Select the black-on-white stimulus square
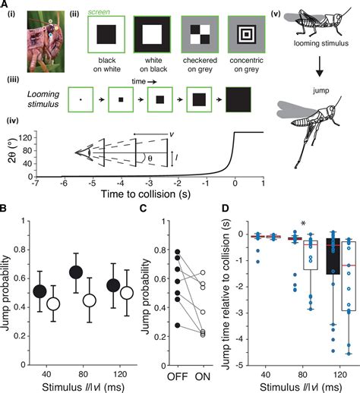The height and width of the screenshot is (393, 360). coord(106,36)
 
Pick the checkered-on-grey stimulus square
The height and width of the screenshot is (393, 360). coord(201,36)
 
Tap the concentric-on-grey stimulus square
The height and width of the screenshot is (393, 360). coord(249,36)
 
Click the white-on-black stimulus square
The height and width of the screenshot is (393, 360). coord(153,36)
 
